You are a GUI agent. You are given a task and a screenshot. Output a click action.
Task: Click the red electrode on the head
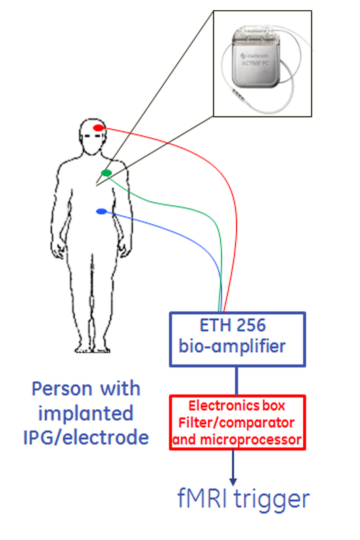(98, 128)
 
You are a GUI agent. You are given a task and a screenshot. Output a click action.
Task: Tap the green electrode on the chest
(106, 173)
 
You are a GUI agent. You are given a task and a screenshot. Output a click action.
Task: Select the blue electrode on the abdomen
(101, 211)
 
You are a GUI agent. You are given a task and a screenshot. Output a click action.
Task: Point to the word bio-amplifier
(232, 346)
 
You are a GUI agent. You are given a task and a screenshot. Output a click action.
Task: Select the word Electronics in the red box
(223, 406)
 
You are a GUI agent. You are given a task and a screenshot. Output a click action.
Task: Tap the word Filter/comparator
(236, 423)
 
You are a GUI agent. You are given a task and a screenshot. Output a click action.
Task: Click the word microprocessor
(250, 440)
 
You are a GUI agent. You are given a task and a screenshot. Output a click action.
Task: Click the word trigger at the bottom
(271, 499)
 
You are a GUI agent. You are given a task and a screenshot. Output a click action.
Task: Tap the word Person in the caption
(62, 389)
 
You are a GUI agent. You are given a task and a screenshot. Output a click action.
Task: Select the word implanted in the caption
(86, 414)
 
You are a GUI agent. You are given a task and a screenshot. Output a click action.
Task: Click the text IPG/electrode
(86, 438)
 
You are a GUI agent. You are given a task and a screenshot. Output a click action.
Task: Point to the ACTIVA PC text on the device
(255, 63)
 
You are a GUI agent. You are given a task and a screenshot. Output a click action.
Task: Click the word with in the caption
(120, 389)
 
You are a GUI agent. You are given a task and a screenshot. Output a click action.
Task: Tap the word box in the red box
(274, 406)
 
